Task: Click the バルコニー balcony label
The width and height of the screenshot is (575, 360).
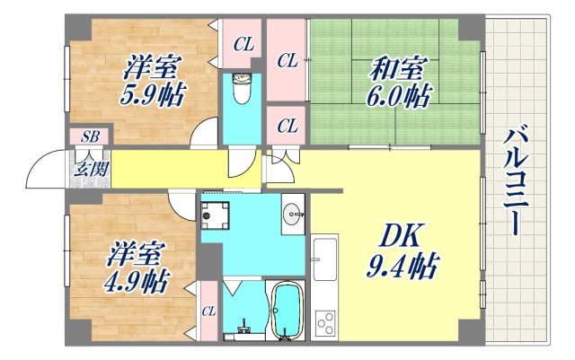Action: point(515,180)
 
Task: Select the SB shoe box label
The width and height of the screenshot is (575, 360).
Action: point(90,136)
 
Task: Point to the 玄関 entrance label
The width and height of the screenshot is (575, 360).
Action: point(88,167)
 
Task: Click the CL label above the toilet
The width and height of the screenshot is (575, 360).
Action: point(243,43)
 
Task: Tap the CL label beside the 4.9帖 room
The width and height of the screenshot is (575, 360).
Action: point(208,312)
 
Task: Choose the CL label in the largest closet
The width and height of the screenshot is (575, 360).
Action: point(287,61)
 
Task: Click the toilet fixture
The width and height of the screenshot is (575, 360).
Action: point(241,90)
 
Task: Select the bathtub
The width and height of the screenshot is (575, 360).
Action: point(287,312)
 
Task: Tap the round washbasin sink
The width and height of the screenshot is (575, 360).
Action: point(292,213)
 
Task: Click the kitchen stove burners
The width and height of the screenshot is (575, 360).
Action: point(324,321)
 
